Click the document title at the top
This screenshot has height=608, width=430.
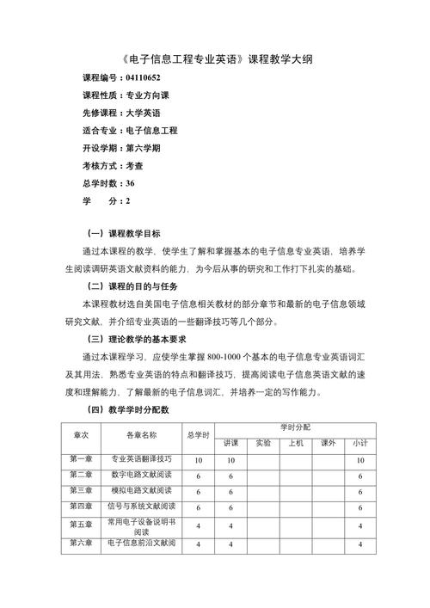[215, 59]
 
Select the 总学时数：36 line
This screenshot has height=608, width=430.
[107, 182]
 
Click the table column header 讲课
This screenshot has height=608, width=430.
[230, 443]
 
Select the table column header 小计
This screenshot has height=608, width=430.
[359, 443]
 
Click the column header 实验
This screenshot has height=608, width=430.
[263, 443]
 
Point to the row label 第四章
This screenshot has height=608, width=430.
[80, 506]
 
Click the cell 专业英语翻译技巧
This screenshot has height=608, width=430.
[142, 459]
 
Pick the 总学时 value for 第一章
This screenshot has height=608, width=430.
[198, 461]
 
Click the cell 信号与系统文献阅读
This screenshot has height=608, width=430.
[142, 506]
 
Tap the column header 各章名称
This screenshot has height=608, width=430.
[142, 434]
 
